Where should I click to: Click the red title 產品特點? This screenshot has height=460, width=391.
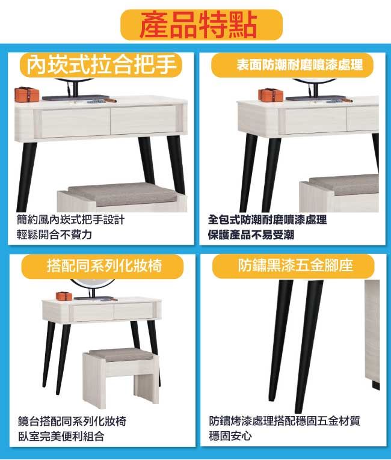[199, 25]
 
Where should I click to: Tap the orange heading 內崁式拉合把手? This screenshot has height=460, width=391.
[102, 64]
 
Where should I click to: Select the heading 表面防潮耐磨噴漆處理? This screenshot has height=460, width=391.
[300, 65]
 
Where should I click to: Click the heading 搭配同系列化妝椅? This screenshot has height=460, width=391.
[105, 266]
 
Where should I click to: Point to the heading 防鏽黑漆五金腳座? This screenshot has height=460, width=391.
[295, 266]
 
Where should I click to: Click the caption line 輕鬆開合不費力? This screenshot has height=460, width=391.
[54, 235]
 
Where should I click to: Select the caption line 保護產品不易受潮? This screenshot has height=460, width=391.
[251, 235]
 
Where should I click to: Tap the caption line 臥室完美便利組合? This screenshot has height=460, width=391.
[61, 436]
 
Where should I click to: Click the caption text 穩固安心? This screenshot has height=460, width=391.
[230, 436]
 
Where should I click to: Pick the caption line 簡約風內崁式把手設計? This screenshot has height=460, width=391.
[71, 219]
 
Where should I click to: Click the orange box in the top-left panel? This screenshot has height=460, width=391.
[26, 94]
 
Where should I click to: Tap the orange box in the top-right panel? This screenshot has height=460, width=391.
[271, 94]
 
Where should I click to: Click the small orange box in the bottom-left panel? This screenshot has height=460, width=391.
[64, 296]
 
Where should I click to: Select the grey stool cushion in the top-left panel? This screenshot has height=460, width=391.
[122, 194]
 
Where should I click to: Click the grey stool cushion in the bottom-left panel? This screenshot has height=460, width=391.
[121, 355]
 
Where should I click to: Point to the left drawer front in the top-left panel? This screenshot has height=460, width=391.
[76, 122]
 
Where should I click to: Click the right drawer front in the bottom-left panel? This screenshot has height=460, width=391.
[134, 311]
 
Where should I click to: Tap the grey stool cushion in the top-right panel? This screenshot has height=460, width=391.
[344, 185]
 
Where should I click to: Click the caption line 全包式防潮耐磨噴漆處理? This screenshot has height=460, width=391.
[267, 219]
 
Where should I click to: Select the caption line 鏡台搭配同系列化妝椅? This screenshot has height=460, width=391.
[72, 422]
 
